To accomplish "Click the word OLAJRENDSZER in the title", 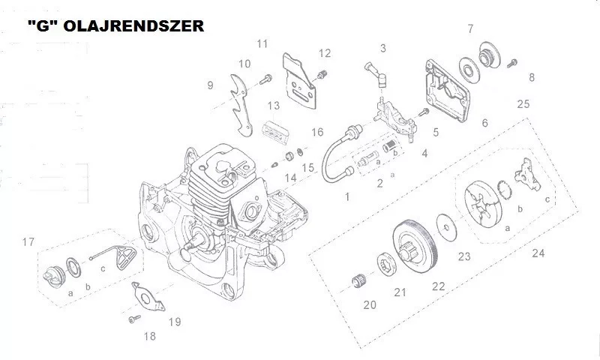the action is (133, 26).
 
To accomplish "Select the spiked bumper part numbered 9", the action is (241, 105).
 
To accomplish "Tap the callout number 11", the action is (262, 43).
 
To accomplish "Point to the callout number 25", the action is (523, 103).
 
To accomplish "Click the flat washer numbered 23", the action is (445, 227).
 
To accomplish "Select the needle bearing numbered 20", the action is (358, 281).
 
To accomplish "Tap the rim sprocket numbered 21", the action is (385, 264).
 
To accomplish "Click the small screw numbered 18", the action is (134, 319).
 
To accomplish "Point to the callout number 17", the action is (28, 241).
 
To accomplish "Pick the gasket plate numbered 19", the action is (148, 295).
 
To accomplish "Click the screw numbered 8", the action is (512, 63).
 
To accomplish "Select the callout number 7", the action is (470, 28).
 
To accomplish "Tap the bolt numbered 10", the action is (265, 79).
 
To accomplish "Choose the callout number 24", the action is (538, 253).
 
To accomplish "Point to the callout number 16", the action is (317, 132).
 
